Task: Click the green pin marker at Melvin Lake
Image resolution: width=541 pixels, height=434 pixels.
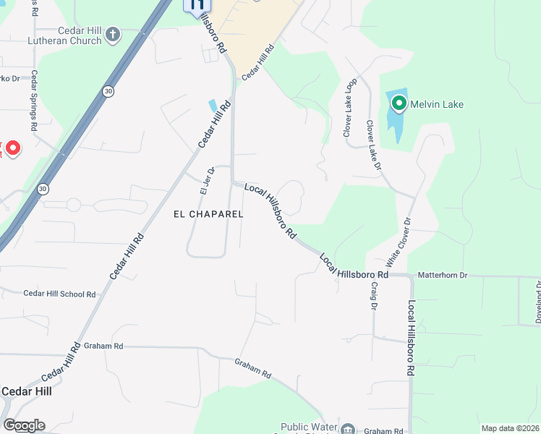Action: click(399, 104)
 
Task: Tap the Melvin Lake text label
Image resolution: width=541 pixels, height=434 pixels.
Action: click(437, 104)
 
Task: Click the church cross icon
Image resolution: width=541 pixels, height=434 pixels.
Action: click(112, 34)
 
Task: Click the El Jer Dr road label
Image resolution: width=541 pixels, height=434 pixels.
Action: click(204, 182)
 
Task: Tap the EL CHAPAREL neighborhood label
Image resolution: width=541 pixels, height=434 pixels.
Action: click(208, 214)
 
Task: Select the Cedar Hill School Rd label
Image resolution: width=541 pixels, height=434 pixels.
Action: click(59, 294)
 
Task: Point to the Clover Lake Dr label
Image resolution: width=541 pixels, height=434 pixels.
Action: click(373, 145)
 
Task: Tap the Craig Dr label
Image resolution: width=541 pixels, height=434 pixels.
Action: click(375, 297)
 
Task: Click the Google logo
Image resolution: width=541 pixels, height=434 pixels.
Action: click(23, 425)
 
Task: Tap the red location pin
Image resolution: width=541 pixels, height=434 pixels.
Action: click(12, 148)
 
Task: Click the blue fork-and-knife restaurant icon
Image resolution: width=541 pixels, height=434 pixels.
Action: click(195, 6)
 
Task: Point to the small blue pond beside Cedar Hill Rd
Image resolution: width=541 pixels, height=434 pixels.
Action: click(212, 106)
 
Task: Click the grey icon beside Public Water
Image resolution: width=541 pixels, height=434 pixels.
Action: click(349, 429)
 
